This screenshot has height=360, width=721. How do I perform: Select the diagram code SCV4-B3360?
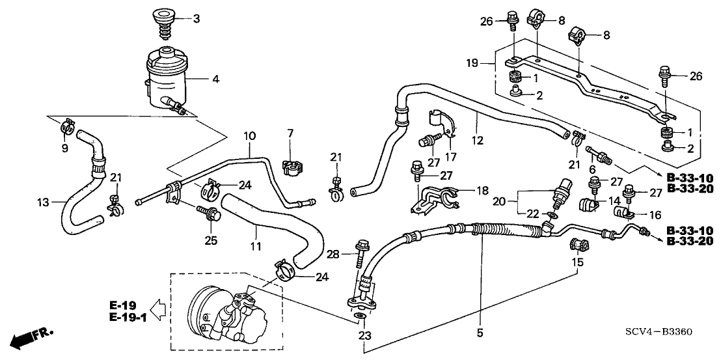[x=659, y=333]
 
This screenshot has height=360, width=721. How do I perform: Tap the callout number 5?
[x=480, y=333]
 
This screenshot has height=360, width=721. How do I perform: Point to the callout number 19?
[x=472, y=64]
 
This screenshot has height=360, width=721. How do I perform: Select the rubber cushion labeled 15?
[x=578, y=247]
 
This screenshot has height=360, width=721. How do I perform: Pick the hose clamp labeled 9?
[x=66, y=125]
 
